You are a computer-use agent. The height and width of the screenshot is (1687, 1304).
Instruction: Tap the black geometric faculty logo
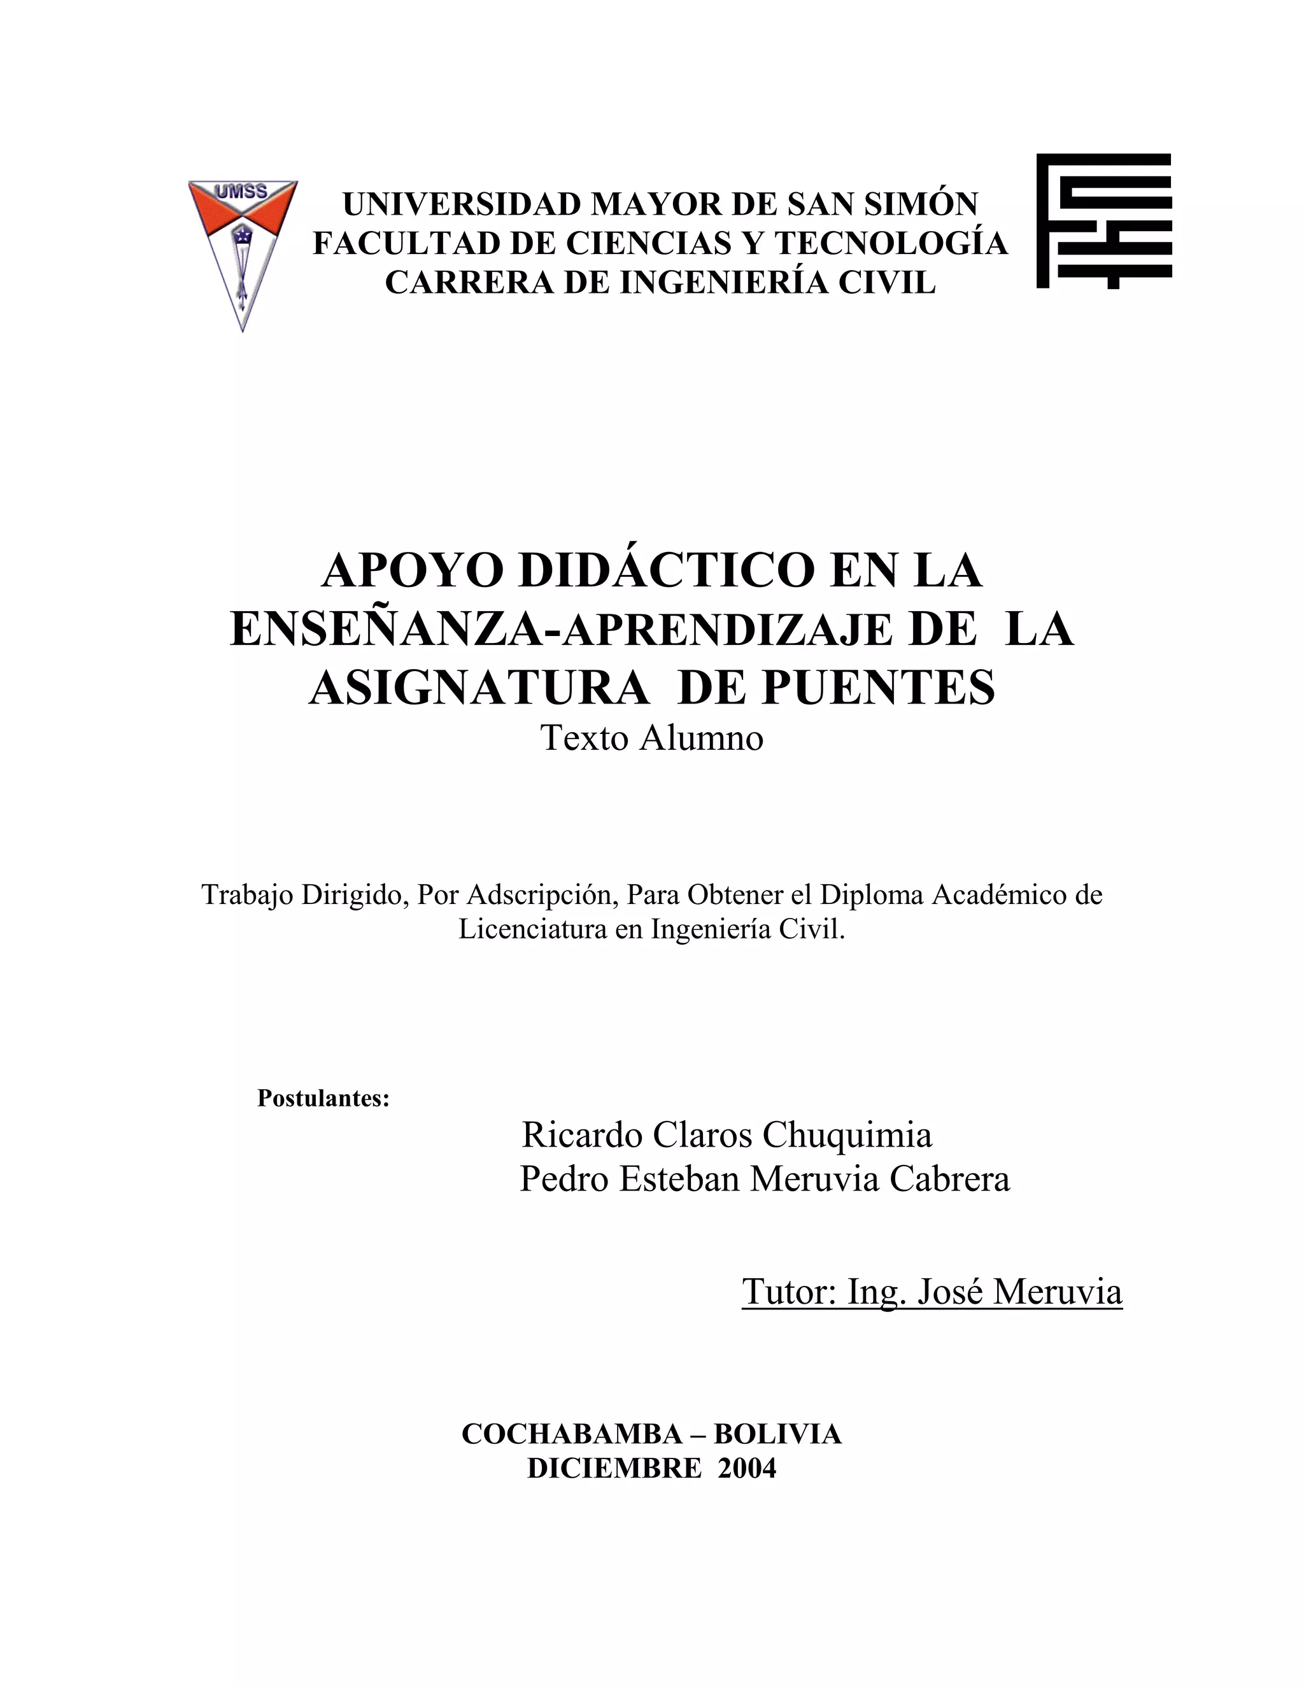(x=1103, y=221)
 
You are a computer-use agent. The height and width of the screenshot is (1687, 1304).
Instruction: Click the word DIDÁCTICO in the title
(x=666, y=571)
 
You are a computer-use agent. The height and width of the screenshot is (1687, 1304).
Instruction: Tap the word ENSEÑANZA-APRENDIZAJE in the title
(x=562, y=630)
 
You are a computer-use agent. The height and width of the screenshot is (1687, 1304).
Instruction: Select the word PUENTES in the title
(x=879, y=688)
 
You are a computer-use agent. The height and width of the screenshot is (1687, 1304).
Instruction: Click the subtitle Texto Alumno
(x=651, y=738)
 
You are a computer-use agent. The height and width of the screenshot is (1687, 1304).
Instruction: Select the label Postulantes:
(x=323, y=1098)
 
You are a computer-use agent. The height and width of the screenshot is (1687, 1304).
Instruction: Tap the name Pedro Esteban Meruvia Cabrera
(x=764, y=1180)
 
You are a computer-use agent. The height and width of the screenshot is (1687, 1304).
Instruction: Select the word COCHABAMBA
(x=572, y=1434)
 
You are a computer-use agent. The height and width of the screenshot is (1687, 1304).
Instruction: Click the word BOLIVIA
(x=777, y=1434)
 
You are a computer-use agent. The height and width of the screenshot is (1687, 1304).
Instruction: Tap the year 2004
(x=746, y=1467)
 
